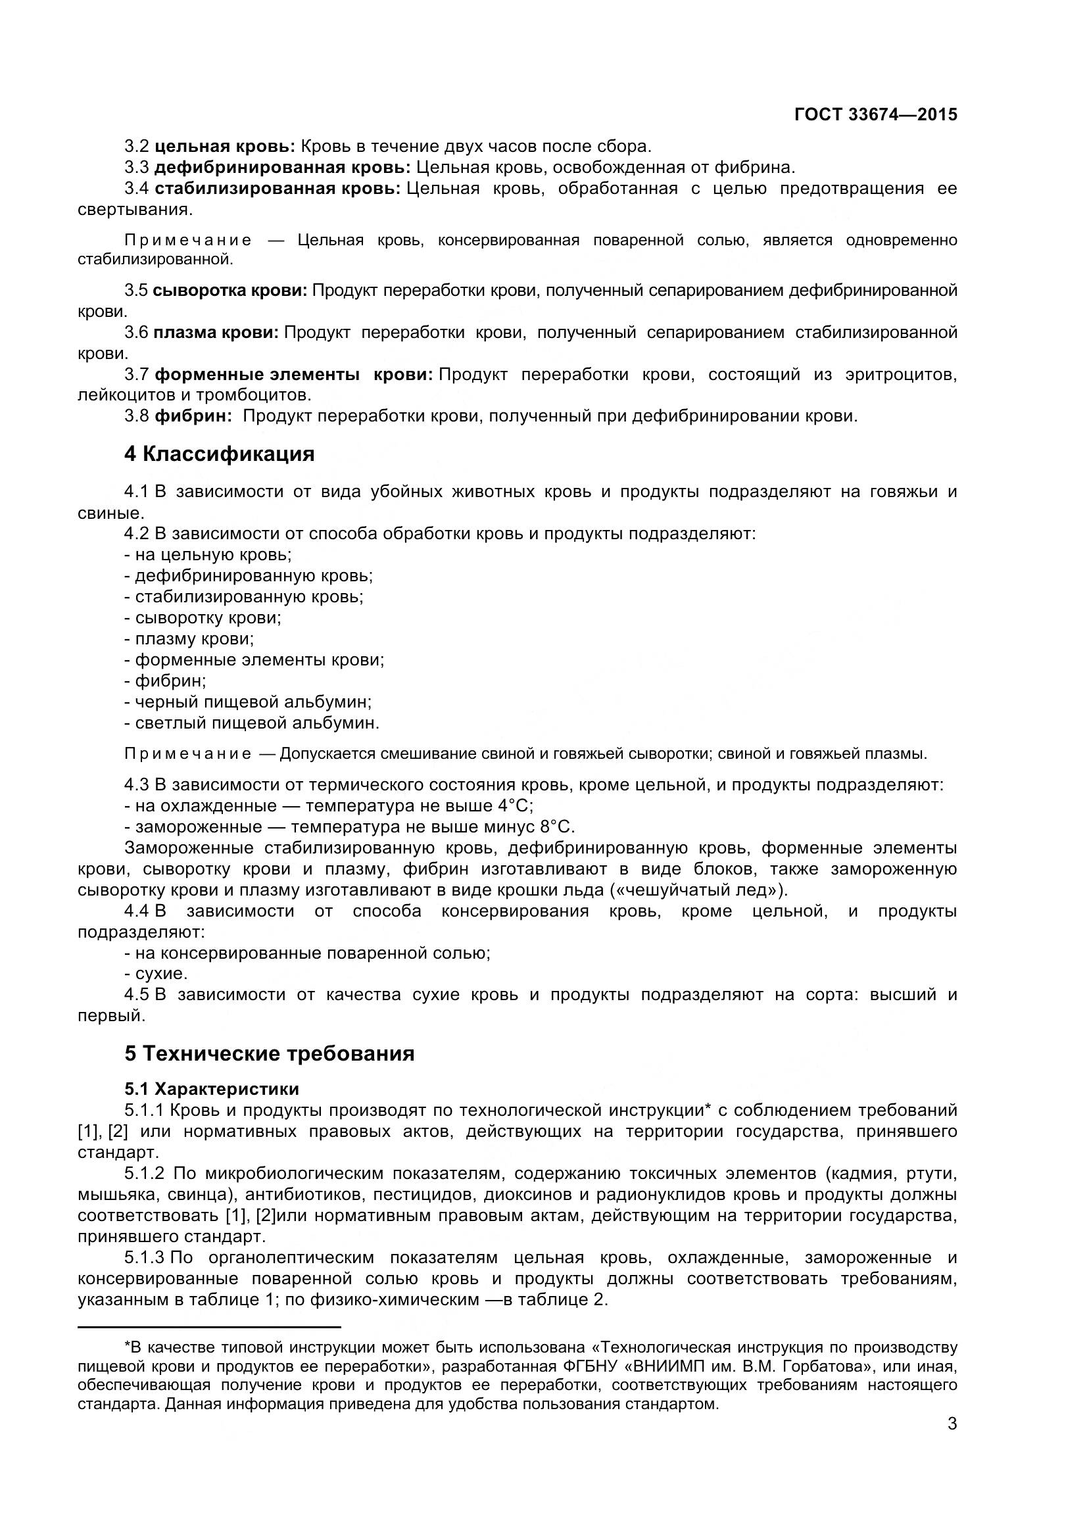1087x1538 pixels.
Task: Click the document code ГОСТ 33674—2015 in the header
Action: tap(875, 114)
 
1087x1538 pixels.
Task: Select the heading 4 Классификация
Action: tap(219, 454)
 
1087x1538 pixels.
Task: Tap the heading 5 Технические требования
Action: tap(269, 1053)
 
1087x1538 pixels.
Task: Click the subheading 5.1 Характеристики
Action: tap(212, 1088)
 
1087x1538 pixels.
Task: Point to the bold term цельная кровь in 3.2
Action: tap(224, 146)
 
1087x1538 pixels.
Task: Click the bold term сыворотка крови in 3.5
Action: tap(229, 290)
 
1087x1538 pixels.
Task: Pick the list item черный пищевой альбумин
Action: tap(253, 702)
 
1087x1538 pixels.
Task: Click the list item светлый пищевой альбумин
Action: tap(256, 723)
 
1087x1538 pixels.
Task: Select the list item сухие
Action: tap(160, 973)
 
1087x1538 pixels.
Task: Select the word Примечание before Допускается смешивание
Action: tap(188, 754)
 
